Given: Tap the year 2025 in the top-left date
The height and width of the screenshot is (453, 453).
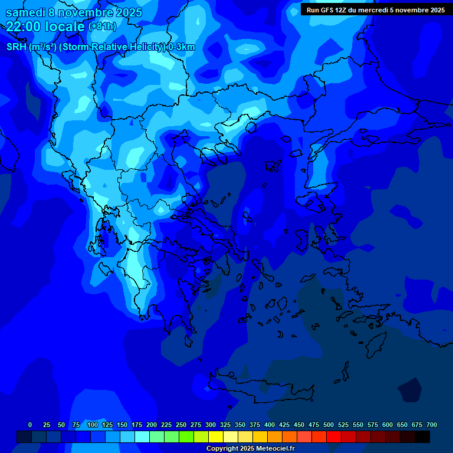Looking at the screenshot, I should [x=127, y=12].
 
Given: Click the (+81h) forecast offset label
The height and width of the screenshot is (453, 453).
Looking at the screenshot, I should [x=102, y=27].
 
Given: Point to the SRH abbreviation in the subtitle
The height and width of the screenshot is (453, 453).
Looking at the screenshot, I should [x=16, y=47].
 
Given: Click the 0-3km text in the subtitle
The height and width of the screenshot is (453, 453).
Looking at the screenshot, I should [x=181, y=47].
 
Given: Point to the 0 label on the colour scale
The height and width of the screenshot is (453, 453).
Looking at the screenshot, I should [x=30, y=425].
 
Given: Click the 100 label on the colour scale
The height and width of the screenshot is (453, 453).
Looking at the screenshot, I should [x=93, y=425].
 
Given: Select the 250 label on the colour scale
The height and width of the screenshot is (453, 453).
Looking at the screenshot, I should [x=181, y=425].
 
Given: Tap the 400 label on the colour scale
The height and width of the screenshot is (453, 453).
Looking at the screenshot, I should [x=270, y=425].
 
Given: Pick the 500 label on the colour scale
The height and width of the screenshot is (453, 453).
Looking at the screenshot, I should [x=329, y=425].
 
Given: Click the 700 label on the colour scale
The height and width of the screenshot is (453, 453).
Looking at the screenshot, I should [x=432, y=425].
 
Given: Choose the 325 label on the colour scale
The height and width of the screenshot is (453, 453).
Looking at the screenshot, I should [x=225, y=425].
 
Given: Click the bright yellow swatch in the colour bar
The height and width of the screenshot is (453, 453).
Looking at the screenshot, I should [x=216, y=436].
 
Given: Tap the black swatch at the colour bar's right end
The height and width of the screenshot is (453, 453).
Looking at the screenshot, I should [x=422, y=436].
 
